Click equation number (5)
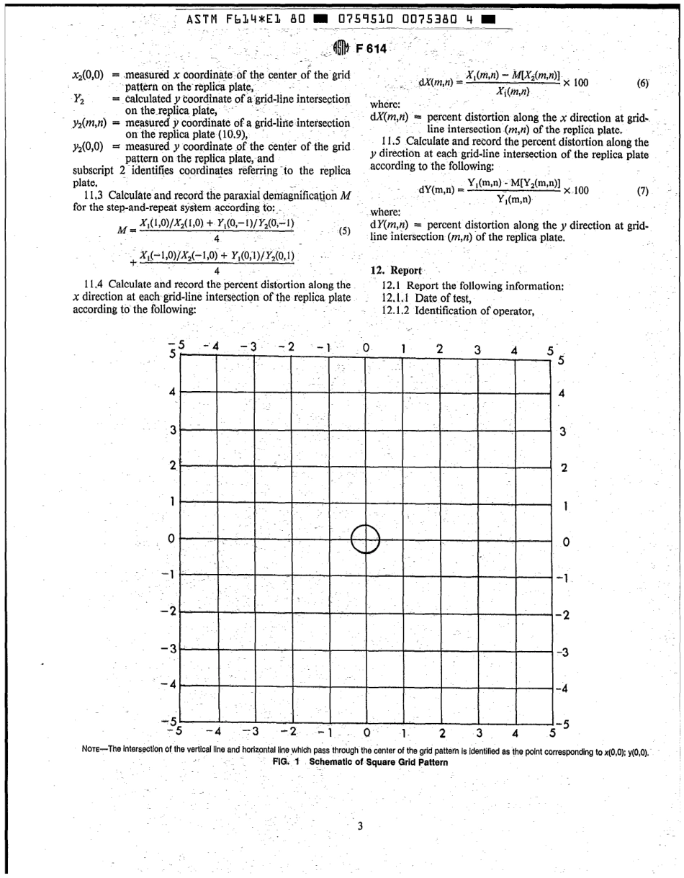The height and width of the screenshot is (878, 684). (344, 232)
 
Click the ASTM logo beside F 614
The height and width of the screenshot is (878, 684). (341, 49)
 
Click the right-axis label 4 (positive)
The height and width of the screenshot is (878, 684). (562, 394)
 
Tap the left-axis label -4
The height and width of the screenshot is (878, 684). (169, 684)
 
